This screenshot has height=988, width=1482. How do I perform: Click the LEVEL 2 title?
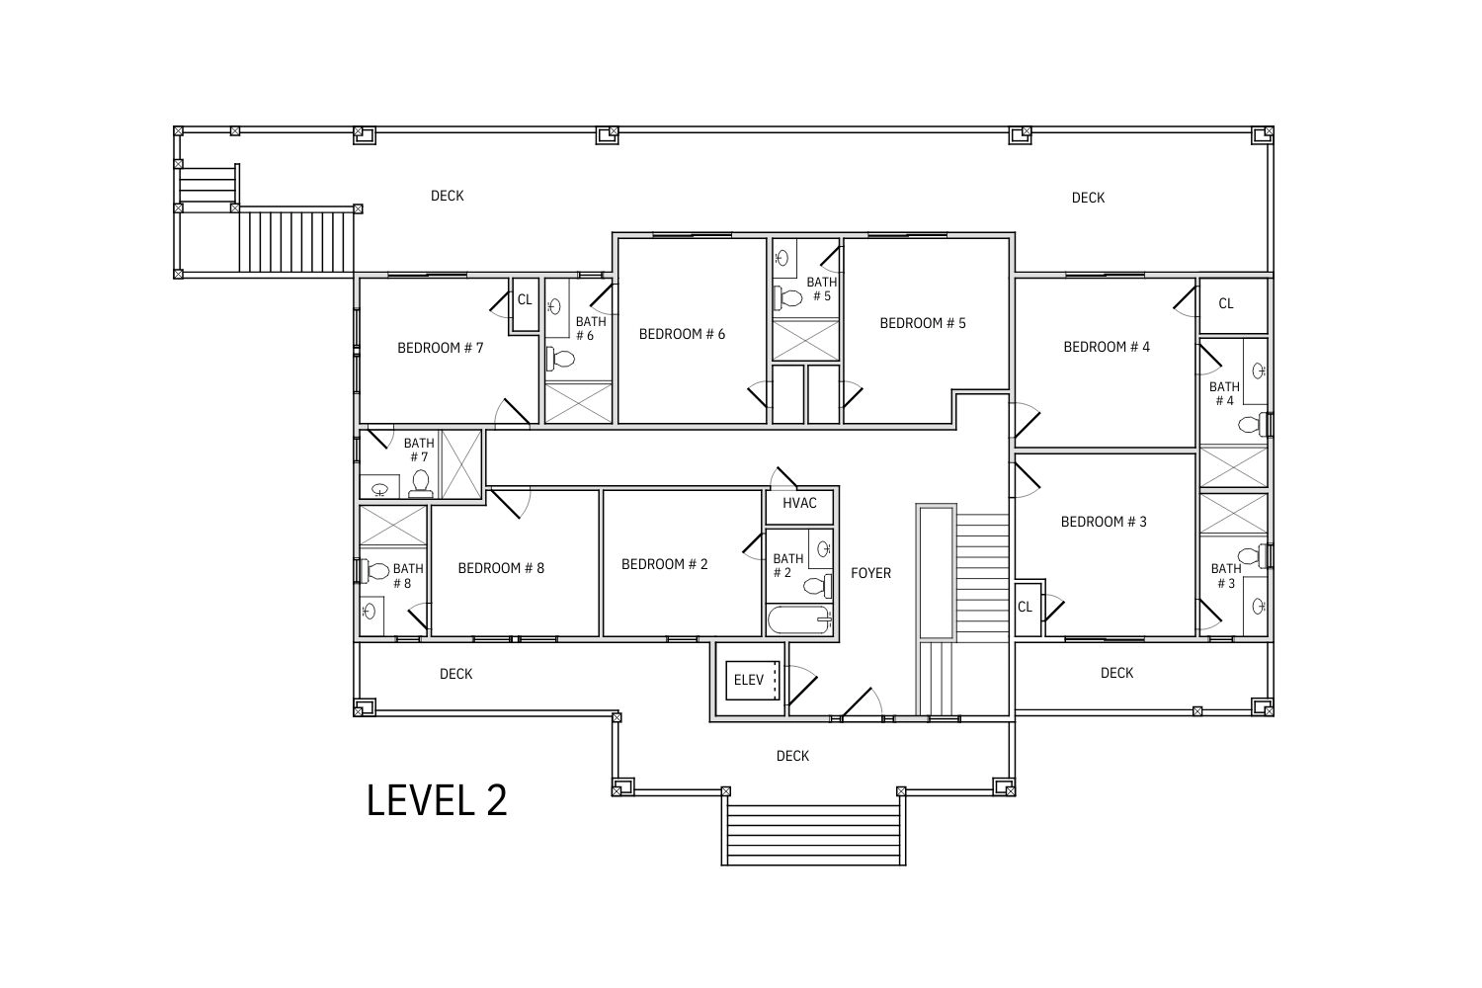tap(437, 800)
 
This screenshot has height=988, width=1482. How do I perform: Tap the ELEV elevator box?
tap(752, 681)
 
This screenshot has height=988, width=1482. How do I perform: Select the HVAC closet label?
tap(799, 503)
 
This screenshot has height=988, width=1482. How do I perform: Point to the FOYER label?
tap(870, 573)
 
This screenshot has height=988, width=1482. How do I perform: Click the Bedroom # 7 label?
tap(440, 348)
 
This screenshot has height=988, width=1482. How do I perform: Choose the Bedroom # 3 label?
tap(1104, 522)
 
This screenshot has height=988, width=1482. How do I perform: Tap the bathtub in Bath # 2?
tap(799, 619)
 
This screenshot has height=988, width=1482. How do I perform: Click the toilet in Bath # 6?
tap(560, 360)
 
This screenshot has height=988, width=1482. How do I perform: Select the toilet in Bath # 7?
tap(421, 483)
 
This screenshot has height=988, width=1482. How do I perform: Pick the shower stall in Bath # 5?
tap(806, 340)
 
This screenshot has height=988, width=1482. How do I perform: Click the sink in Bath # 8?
tap(370, 611)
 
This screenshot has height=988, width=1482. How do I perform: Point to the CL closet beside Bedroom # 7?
tap(526, 304)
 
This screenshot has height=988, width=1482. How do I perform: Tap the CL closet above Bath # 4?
tap(1233, 305)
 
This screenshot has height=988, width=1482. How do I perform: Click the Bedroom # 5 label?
tap(922, 323)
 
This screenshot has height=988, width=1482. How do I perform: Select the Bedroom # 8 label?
tap(501, 568)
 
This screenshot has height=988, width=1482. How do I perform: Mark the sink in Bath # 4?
tap(1259, 371)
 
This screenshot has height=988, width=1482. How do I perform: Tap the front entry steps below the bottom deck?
tap(813, 834)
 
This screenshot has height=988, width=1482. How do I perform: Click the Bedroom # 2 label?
tap(664, 564)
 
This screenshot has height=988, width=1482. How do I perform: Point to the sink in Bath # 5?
tap(782, 258)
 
